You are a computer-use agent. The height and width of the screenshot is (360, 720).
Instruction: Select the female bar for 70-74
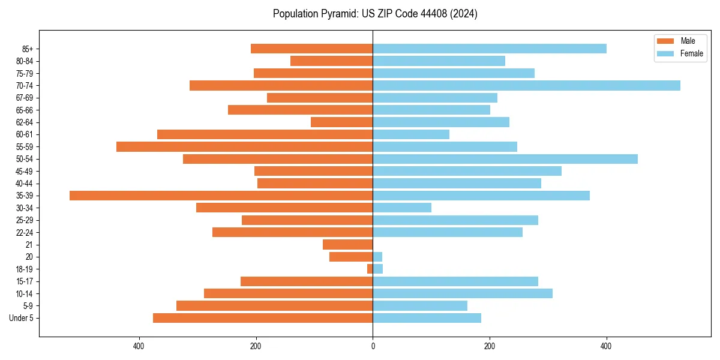[x=526, y=85]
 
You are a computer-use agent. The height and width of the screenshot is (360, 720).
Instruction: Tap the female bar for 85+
[x=489, y=49]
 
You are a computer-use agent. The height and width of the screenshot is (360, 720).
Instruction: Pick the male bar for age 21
[x=347, y=244]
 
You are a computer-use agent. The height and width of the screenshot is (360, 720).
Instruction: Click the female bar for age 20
[x=377, y=257]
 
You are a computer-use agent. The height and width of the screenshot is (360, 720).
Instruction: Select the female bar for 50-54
[x=505, y=159]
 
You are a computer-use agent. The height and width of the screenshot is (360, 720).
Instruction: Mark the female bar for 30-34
[x=402, y=208]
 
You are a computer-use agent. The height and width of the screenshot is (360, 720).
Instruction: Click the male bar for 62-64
[x=341, y=122]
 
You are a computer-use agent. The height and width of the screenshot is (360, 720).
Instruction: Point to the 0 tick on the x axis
[x=373, y=346]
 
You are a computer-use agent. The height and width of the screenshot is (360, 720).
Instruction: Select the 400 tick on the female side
[x=607, y=346]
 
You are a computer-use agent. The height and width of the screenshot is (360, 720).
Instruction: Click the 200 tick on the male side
[x=256, y=346]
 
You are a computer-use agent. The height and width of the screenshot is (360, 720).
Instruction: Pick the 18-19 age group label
[x=24, y=269]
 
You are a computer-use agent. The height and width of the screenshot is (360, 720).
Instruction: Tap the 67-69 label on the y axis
[x=24, y=98]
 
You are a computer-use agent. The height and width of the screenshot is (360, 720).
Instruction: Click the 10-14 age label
[x=24, y=293]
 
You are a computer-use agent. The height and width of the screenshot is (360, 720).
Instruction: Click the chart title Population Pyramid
[x=375, y=14]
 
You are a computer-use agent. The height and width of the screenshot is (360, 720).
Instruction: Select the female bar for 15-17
[x=455, y=281]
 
